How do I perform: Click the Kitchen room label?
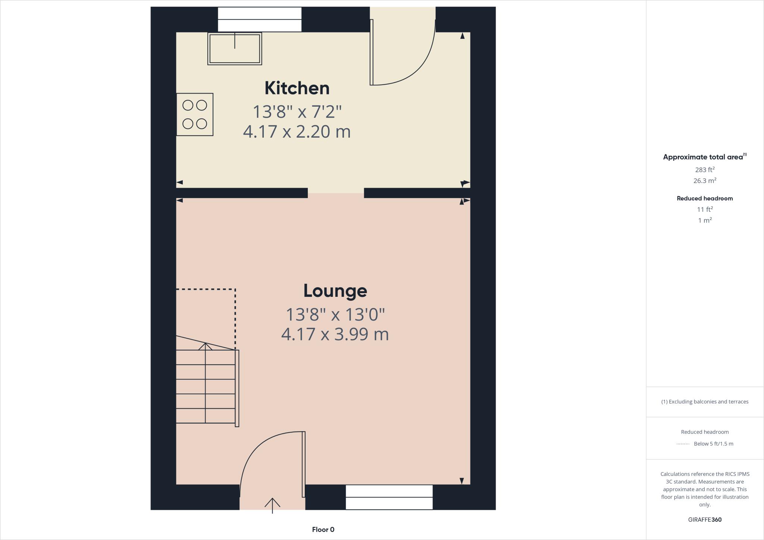(x=297, y=88)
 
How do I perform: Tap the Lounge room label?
(x=335, y=291)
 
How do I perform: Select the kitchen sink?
(x=235, y=49)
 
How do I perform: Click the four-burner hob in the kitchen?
(x=195, y=114)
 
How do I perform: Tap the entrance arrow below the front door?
(x=272, y=505)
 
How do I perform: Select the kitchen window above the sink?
(x=260, y=19)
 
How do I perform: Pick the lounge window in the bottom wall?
(x=389, y=497)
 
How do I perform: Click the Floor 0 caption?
(x=323, y=530)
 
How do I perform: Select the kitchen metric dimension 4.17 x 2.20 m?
(x=297, y=132)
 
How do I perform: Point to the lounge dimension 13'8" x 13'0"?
(x=335, y=315)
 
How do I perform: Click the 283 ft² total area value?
(x=705, y=170)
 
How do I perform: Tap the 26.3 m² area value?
(x=705, y=181)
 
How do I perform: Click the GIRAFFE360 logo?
(x=705, y=519)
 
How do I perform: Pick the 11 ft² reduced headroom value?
(x=705, y=210)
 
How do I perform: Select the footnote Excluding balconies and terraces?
(x=705, y=402)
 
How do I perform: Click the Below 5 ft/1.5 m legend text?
(x=713, y=444)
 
